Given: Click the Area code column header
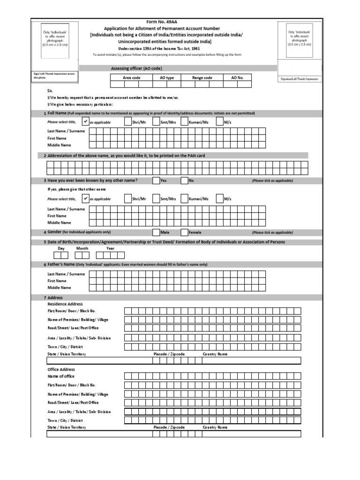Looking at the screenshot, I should [x=131, y=78].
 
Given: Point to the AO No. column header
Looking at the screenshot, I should [x=238, y=78].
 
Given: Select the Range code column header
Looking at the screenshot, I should [x=202, y=78].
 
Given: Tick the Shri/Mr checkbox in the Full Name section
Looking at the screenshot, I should [x=128, y=121].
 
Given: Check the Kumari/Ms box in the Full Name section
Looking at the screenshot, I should [x=184, y=121].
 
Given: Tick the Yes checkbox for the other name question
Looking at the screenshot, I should [x=156, y=180].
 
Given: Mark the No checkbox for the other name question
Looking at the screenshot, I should [x=184, y=180].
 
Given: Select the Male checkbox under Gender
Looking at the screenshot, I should [x=156, y=232].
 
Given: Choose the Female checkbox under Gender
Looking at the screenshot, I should [x=184, y=232].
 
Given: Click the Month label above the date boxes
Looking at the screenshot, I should [x=82, y=248].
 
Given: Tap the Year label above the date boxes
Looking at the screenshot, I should [x=110, y=248].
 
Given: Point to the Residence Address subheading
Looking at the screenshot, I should [x=65, y=304].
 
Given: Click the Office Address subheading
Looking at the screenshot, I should [x=61, y=369].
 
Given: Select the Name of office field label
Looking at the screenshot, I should [x=61, y=376].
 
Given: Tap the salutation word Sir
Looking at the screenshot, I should [x=51, y=90].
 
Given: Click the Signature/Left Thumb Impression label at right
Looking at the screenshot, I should [x=299, y=79].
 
